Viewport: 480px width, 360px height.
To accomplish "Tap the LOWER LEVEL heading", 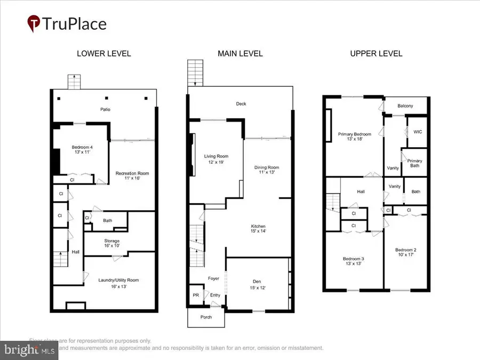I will [104, 53].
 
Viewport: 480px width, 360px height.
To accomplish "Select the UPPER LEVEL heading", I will [376, 53].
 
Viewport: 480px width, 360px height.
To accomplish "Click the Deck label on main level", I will [241, 104].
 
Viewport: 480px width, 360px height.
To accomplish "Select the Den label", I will [257, 284].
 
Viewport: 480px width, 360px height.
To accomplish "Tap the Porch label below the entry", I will [205, 317].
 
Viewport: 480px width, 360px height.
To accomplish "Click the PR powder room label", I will [195, 295].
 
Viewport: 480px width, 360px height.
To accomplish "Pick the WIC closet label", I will [418, 132].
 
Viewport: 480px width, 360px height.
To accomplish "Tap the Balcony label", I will [405, 106].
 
